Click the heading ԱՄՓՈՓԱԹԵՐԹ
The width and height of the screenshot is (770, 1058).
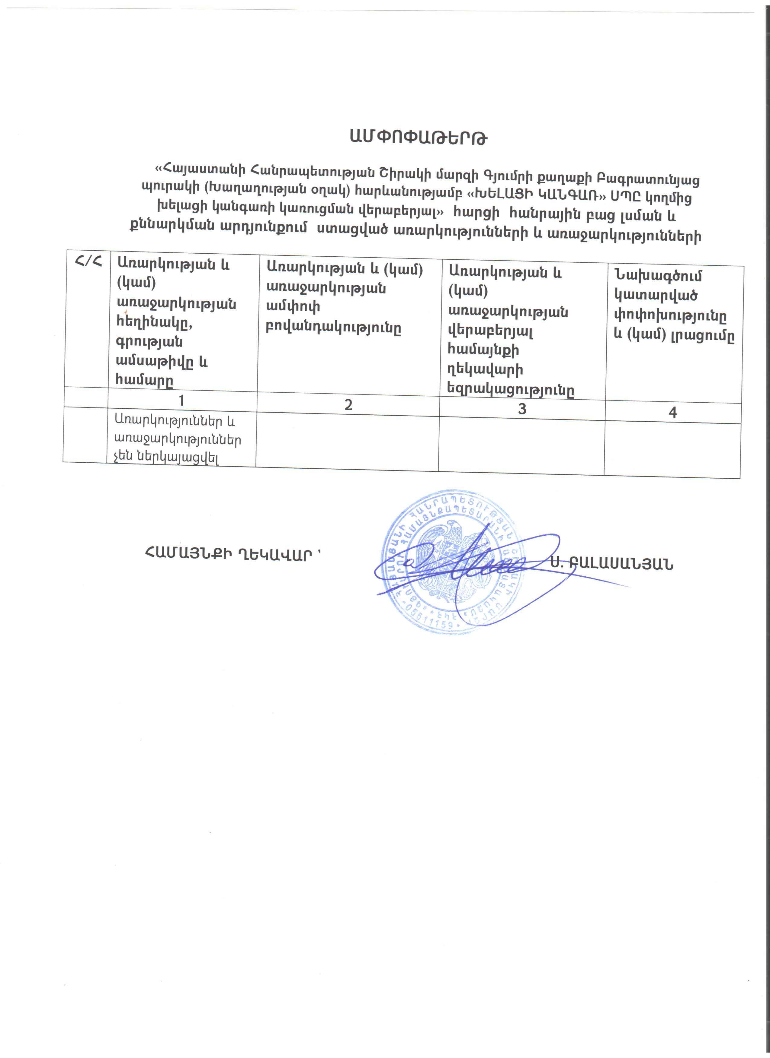419,137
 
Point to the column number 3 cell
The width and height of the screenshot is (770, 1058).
522,409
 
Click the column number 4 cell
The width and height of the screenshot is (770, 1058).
672,412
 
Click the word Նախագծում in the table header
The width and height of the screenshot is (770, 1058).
658,276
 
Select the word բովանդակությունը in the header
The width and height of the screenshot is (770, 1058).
333,328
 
